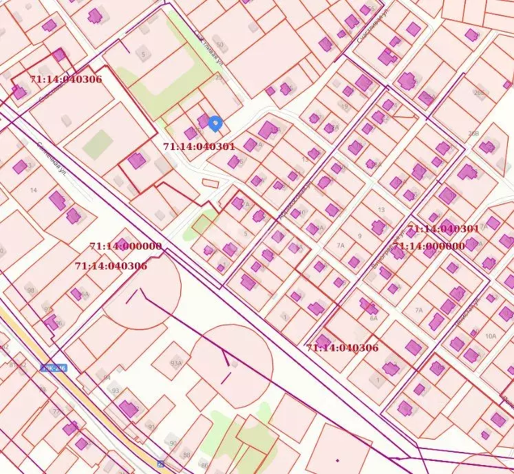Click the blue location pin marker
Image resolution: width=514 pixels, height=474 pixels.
pyautogui.click(x=215, y=123)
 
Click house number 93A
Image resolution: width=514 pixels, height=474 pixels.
pyautogui.click(x=176, y=363)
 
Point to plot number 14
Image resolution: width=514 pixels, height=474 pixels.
pyautogui.click(x=32, y=190)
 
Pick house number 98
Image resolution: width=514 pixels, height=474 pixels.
pyautogui.click(x=30, y=290)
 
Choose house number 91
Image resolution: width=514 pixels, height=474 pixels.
pyautogui.click(x=151, y=427)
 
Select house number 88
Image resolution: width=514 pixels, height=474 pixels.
pyautogui.click(x=186, y=455)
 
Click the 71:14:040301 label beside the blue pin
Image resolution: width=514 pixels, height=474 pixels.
pyautogui.click(x=199, y=147)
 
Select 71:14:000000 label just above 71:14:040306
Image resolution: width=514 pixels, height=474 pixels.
pyautogui.click(x=125, y=246)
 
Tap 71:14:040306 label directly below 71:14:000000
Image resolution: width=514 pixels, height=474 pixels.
pyautogui.click(x=110, y=265)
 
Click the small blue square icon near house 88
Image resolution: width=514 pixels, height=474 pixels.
pyautogui.click(x=160, y=464)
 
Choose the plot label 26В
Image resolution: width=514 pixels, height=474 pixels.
pyautogui.click(x=473, y=133)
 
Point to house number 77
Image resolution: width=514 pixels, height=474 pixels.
pyautogui.click(x=56, y=411)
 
